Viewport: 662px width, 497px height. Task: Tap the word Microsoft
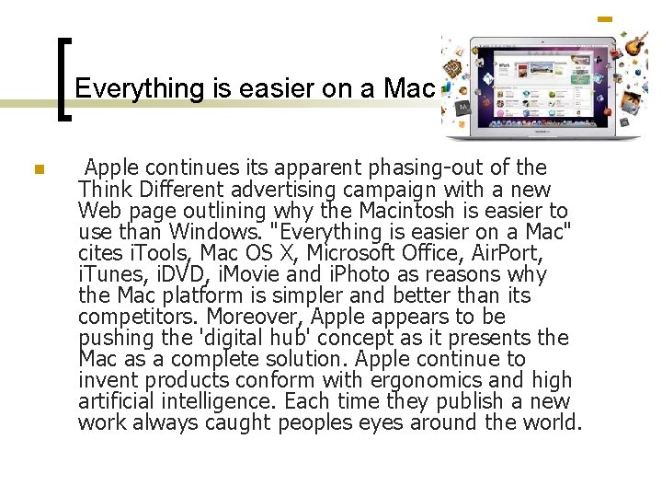click(x=355, y=253)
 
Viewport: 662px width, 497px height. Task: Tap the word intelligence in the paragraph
click(x=220, y=401)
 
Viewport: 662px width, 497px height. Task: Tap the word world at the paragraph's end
click(x=551, y=422)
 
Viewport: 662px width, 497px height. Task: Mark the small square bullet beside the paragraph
click(x=38, y=169)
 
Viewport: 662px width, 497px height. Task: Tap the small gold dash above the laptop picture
click(x=605, y=18)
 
